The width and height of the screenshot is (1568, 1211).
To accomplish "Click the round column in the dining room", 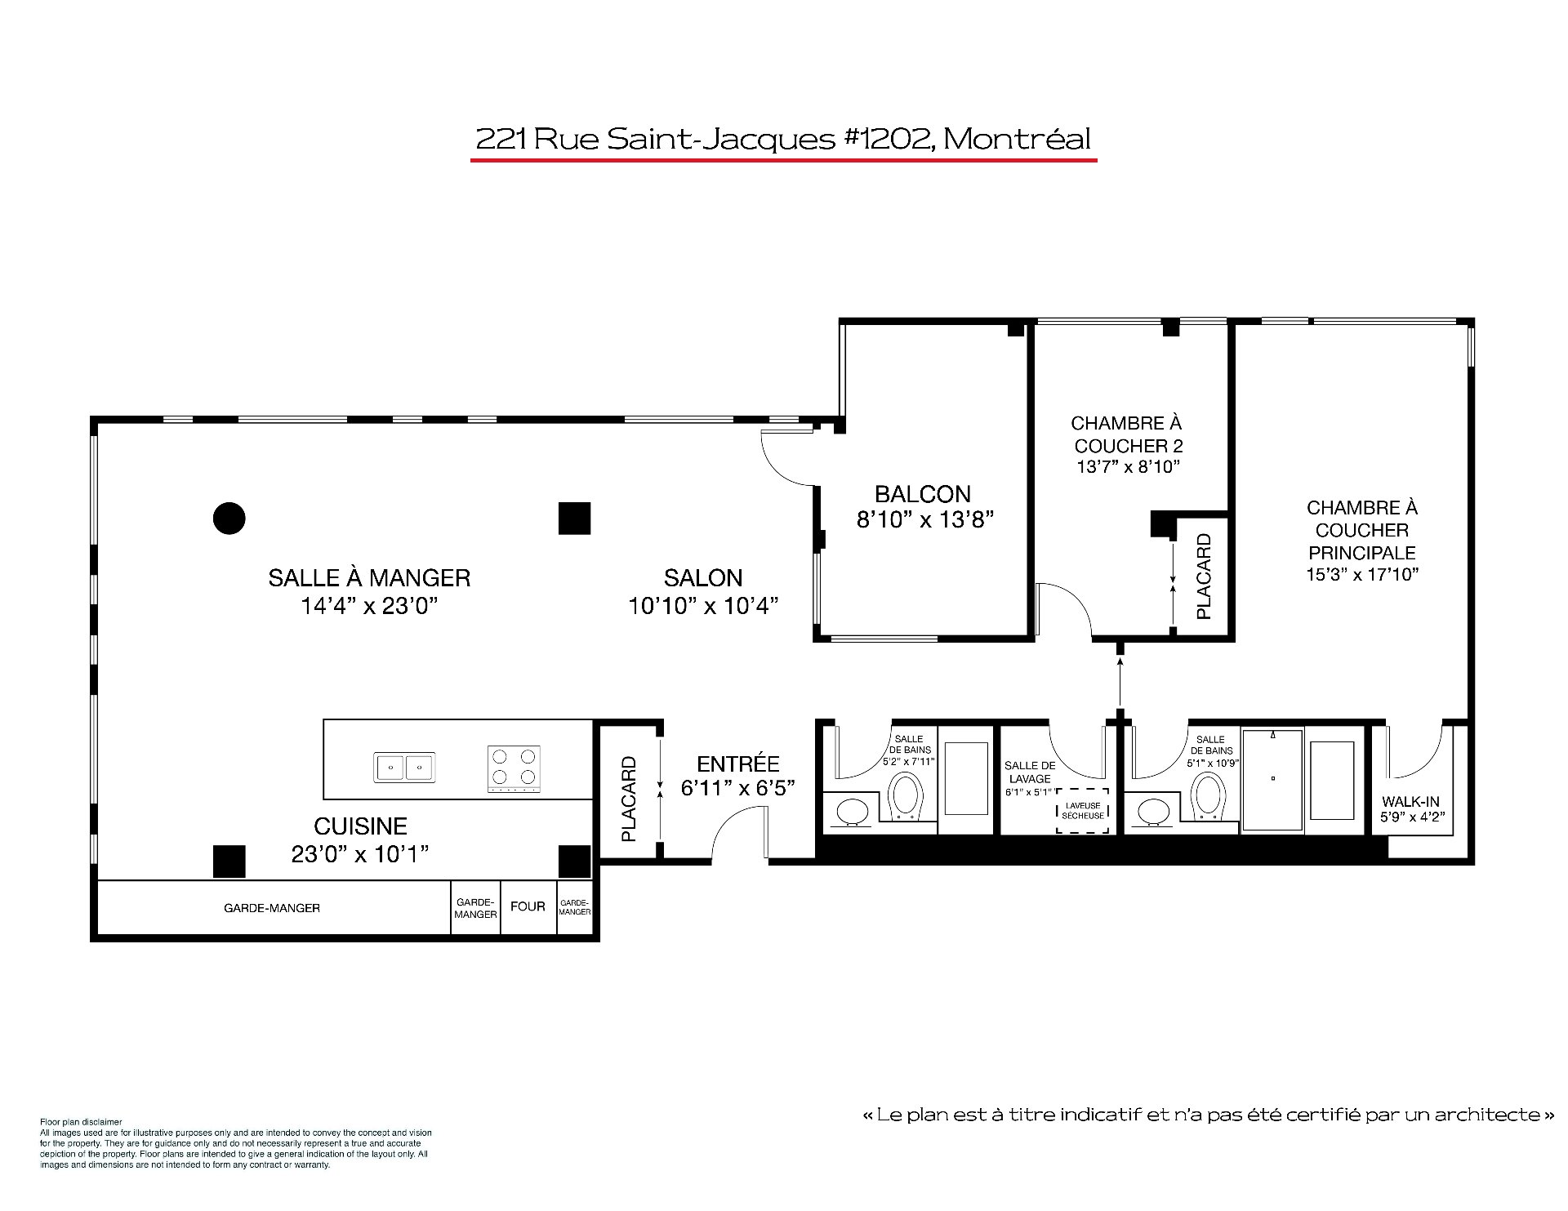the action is tap(229, 518).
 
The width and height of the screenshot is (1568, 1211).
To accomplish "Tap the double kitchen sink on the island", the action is tap(405, 768).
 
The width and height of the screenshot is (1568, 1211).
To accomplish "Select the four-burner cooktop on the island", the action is tap(514, 769).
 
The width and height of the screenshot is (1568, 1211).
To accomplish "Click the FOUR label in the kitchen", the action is tap(528, 906).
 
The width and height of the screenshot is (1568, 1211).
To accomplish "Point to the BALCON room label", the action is tap(923, 494).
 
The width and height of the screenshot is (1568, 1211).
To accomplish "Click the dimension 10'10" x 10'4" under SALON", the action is tap(703, 606).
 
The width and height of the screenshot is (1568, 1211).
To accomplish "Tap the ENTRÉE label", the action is tap(738, 764).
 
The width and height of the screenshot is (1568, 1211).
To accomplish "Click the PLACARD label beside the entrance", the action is tap(629, 799).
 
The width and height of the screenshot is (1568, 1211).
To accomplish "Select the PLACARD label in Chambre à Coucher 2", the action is tap(1204, 577).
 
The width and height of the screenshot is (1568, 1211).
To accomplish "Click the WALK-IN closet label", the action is tap(1410, 802).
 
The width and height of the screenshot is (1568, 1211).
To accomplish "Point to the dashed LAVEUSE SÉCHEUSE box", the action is tap(1083, 811).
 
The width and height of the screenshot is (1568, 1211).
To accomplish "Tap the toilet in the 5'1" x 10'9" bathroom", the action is tap(1208, 796).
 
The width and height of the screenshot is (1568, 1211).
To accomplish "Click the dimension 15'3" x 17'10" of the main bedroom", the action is tap(1362, 574).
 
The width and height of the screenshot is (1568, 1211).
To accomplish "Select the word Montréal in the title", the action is tap(1018, 139).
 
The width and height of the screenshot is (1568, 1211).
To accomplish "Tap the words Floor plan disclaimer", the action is tap(81, 1122).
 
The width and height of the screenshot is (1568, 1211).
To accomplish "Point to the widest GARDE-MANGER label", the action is tap(272, 908).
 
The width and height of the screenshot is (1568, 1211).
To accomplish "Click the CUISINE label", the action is tap(360, 826).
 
